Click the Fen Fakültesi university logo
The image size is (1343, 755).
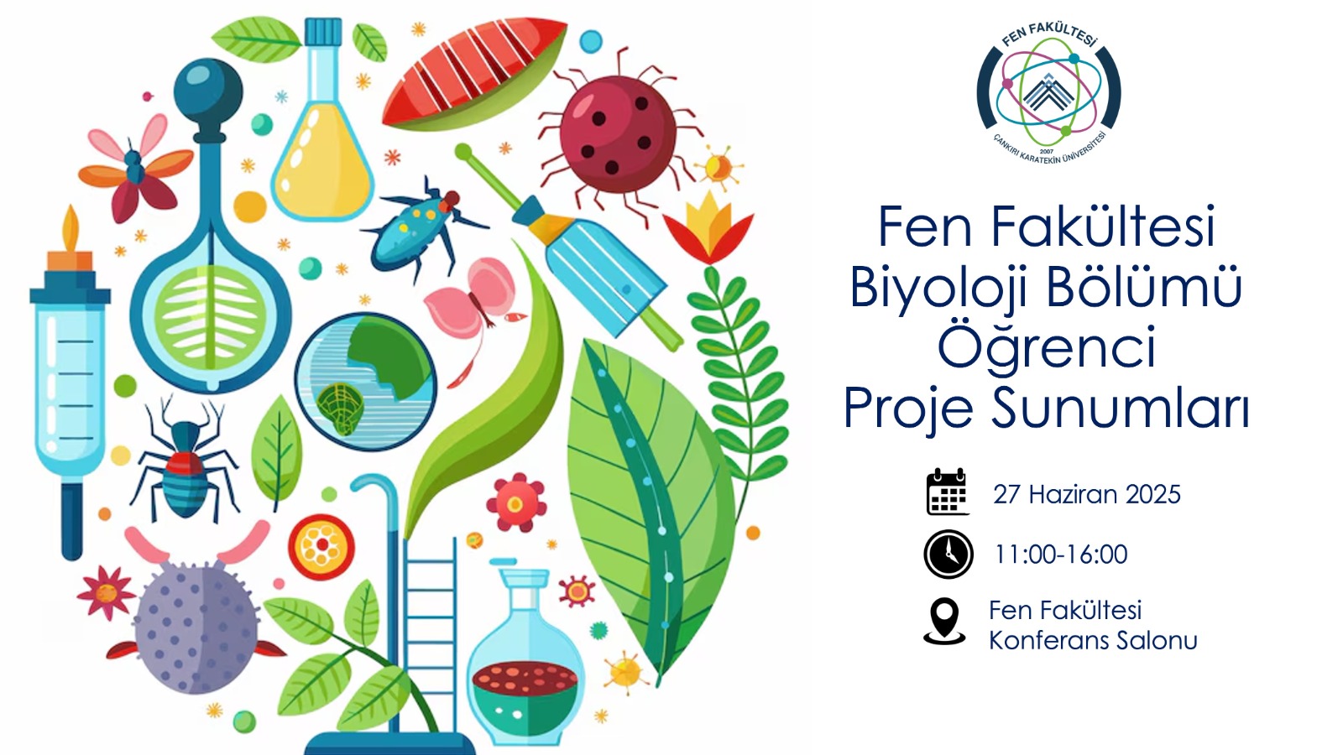pyautogui.click(x=1048, y=93)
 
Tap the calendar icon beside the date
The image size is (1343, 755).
pyautogui.click(x=948, y=492)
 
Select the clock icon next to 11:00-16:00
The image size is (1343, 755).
pyautogui.click(x=948, y=554)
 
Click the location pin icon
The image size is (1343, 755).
pyautogui.click(x=944, y=622)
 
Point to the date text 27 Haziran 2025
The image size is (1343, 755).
pyautogui.click(x=1086, y=495)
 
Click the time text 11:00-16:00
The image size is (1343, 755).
pyautogui.click(x=1061, y=555)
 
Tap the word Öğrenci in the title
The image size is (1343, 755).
pyautogui.click(x=1047, y=347)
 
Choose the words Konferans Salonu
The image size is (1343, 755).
pyautogui.click(x=1093, y=641)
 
